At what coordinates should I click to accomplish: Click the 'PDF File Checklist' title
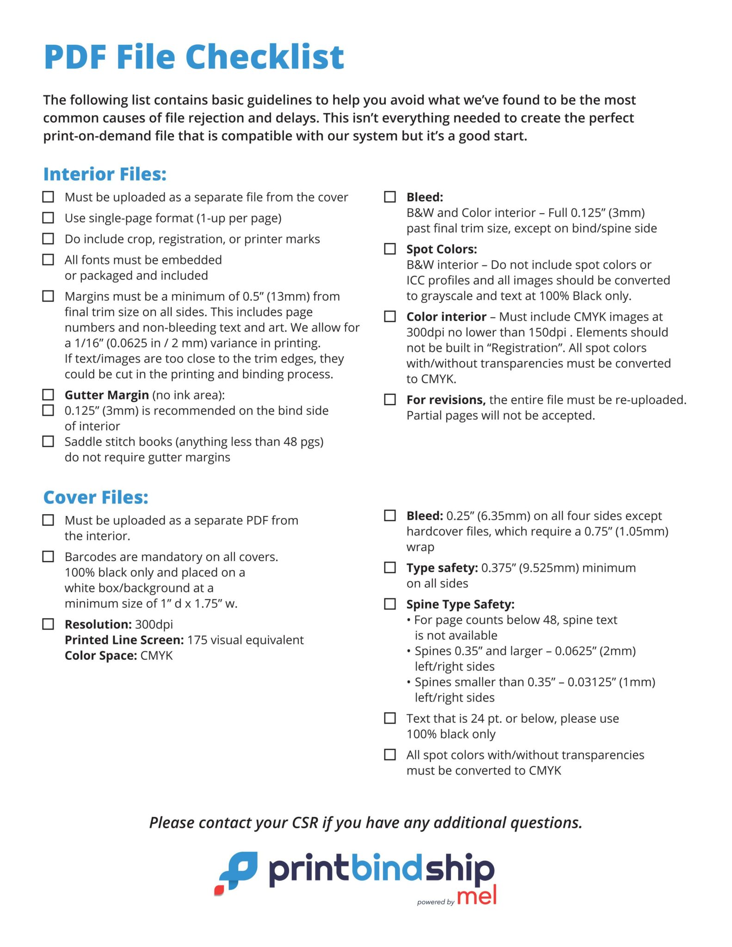pyautogui.click(x=194, y=57)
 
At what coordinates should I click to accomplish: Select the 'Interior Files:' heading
pyautogui.click(x=105, y=174)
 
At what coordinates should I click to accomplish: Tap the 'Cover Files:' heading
pyautogui.click(x=96, y=497)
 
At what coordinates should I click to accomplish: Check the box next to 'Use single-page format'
pyautogui.click(x=48, y=217)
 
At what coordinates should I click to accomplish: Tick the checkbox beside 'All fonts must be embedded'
pyautogui.click(x=48, y=259)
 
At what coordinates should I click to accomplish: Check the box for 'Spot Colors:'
pyautogui.click(x=390, y=249)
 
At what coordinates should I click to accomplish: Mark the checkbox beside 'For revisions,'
pyautogui.click(x=390, y=399)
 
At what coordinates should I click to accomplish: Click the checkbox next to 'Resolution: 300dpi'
pyautogui.click(x=48, y=624)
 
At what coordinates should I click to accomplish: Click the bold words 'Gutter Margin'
pyautogui.click(x=106, y=395)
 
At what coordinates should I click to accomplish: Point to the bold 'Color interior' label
pyautogui.click(x=446, y=317)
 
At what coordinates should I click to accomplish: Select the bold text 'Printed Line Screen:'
pyautogui.click(x=124, y=640)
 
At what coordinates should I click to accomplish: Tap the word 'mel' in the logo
pyautogui.click(x=477, y=896)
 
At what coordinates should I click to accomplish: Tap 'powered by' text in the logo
pyautogui.click(x=435, y=902)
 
